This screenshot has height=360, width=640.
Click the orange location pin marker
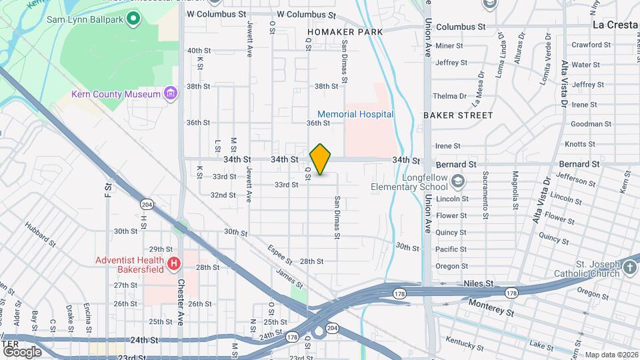point(321,159)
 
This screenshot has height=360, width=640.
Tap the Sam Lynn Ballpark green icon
point(133,18)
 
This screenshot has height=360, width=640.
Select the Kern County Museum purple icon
point(171,93)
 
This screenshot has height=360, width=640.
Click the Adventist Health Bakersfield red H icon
point(174,265)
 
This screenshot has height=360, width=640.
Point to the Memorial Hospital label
point(355,114)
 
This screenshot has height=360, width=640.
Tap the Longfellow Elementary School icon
point(458,181)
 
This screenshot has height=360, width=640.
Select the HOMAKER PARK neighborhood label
point(345,32)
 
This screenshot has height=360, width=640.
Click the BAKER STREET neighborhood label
point(458,115)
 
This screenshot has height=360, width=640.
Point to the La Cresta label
point(616,25)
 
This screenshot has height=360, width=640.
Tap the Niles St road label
point(479,283)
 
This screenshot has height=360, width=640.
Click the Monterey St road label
point(492,307)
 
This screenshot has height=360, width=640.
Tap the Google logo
point(22,351)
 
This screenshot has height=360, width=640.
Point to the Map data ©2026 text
point(611,355)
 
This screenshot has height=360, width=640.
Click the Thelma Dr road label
point(450,97)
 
